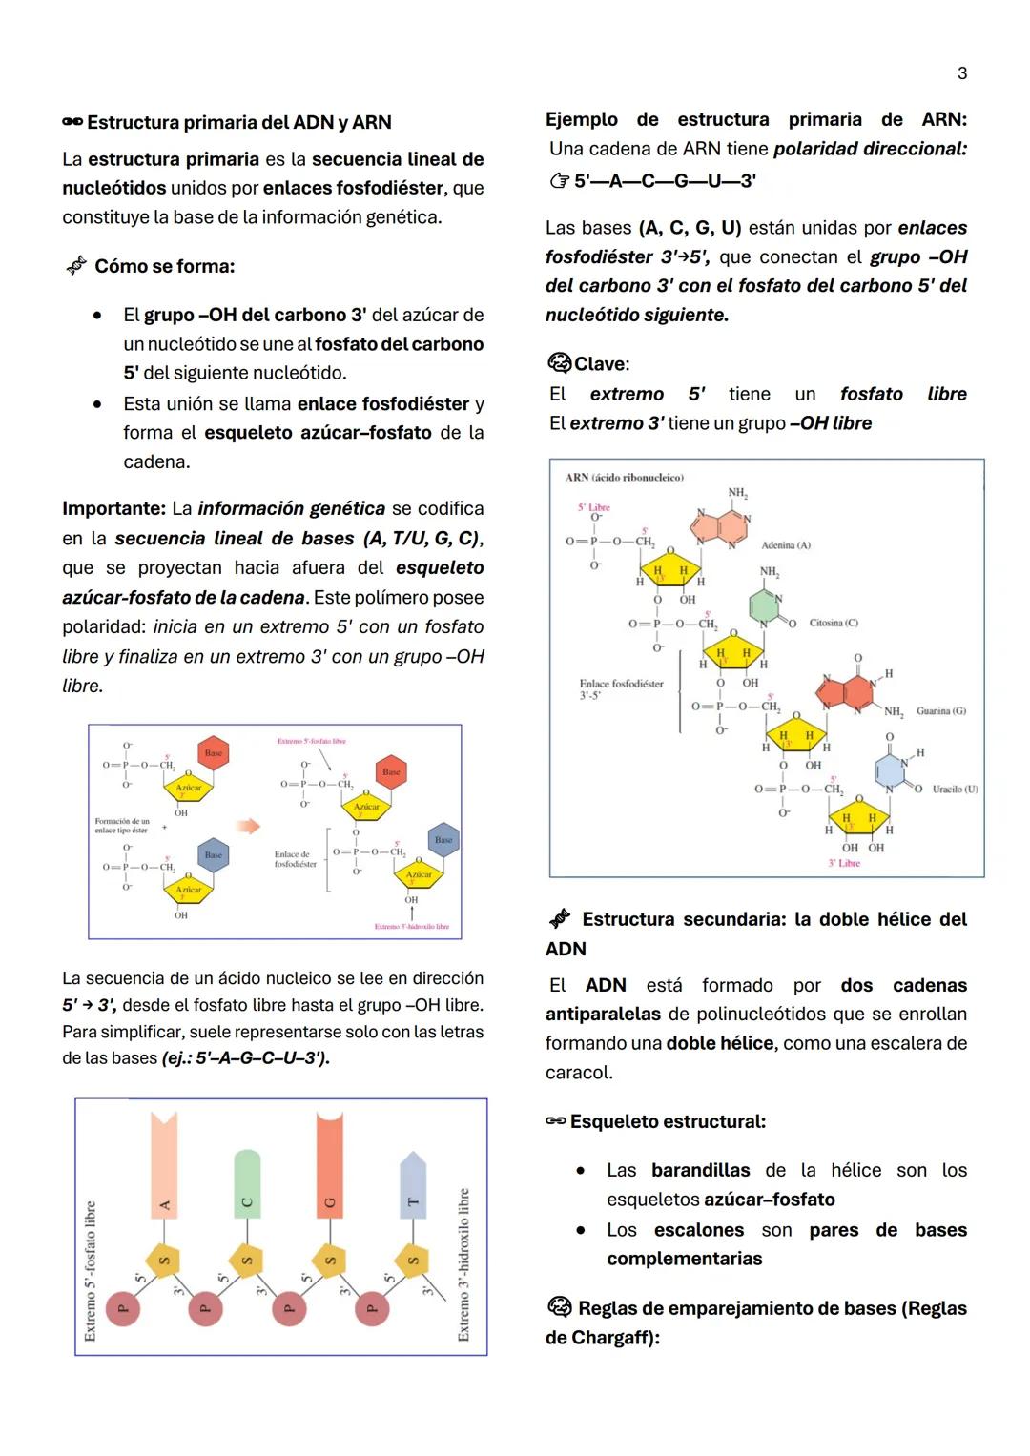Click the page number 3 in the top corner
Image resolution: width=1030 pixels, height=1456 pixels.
pos(961,73)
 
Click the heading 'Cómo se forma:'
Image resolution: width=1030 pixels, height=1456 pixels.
pos(164,266)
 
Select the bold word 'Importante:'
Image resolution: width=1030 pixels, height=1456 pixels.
pos(113,508)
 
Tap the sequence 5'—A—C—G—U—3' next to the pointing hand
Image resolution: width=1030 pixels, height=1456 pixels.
pos(665,180)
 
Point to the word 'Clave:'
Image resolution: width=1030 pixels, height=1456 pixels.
pos(601,364)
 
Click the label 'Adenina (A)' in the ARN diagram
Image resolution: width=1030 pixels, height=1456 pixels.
pos(785,545)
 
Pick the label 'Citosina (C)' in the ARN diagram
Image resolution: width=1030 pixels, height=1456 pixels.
pos(833,623)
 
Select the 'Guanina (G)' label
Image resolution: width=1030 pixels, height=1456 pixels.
pos(940,710)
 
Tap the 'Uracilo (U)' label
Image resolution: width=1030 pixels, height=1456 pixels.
pos(955,789)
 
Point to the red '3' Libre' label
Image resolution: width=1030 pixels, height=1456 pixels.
pos(844,863)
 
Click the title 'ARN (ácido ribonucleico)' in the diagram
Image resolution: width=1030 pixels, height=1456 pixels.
pos(624,478)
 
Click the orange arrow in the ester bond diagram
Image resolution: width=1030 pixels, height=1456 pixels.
pos(248,826)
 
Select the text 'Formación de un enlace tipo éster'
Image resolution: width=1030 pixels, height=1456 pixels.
pos(121,826)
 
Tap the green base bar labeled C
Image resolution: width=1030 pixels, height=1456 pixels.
pos(247,1183)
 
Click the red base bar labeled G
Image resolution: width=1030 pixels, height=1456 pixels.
pos(330,1163)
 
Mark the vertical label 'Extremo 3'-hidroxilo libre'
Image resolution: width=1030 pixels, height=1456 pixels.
pos(463,1263)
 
